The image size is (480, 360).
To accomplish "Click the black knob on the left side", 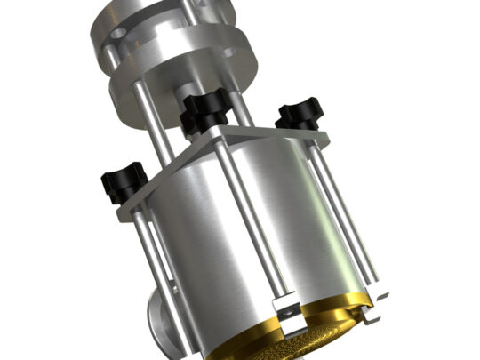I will pos(122,180).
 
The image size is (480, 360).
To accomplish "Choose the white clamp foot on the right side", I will pos(379,292).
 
